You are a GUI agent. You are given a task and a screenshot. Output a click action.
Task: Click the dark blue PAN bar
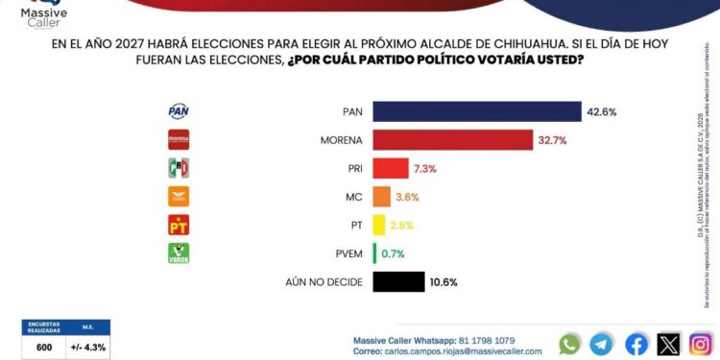(x=476, y=111)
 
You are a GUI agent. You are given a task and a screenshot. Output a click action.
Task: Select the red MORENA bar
(x=452, y=140)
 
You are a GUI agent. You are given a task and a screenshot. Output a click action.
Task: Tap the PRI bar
(x=390, y=168)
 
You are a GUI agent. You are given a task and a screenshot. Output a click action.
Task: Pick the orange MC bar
(x=381, y=197)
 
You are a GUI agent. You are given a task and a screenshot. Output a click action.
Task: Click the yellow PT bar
(x=378, y=225)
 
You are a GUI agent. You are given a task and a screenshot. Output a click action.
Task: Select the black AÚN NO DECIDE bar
(x=398, y=281)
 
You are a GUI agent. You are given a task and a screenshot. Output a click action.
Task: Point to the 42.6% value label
(x=601, y=112)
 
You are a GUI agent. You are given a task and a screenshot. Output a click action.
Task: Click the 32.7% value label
(x=552, y=140)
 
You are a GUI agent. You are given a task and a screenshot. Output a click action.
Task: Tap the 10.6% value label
(x=444, y=282)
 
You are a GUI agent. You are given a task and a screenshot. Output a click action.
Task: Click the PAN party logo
(x=179, y=111)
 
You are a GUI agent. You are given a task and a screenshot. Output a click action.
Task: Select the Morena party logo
(x=179, y=140)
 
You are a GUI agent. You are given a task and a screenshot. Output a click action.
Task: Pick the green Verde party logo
(x=179, y=252)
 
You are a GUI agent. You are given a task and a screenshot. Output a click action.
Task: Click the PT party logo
(x=179, y=225)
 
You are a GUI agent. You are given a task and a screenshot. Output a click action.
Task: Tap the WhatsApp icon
(x=570, y=343)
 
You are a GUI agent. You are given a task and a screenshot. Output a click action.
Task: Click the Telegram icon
(x=602, y=343)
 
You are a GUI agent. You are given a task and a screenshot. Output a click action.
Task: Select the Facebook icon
(x=636, y=343)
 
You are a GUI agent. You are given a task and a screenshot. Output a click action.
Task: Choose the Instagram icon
(x=701, y=343)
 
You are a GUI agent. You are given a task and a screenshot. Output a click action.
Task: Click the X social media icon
(x=668, y=343)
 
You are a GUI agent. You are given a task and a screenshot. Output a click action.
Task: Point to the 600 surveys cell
(x=44, y=348)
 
